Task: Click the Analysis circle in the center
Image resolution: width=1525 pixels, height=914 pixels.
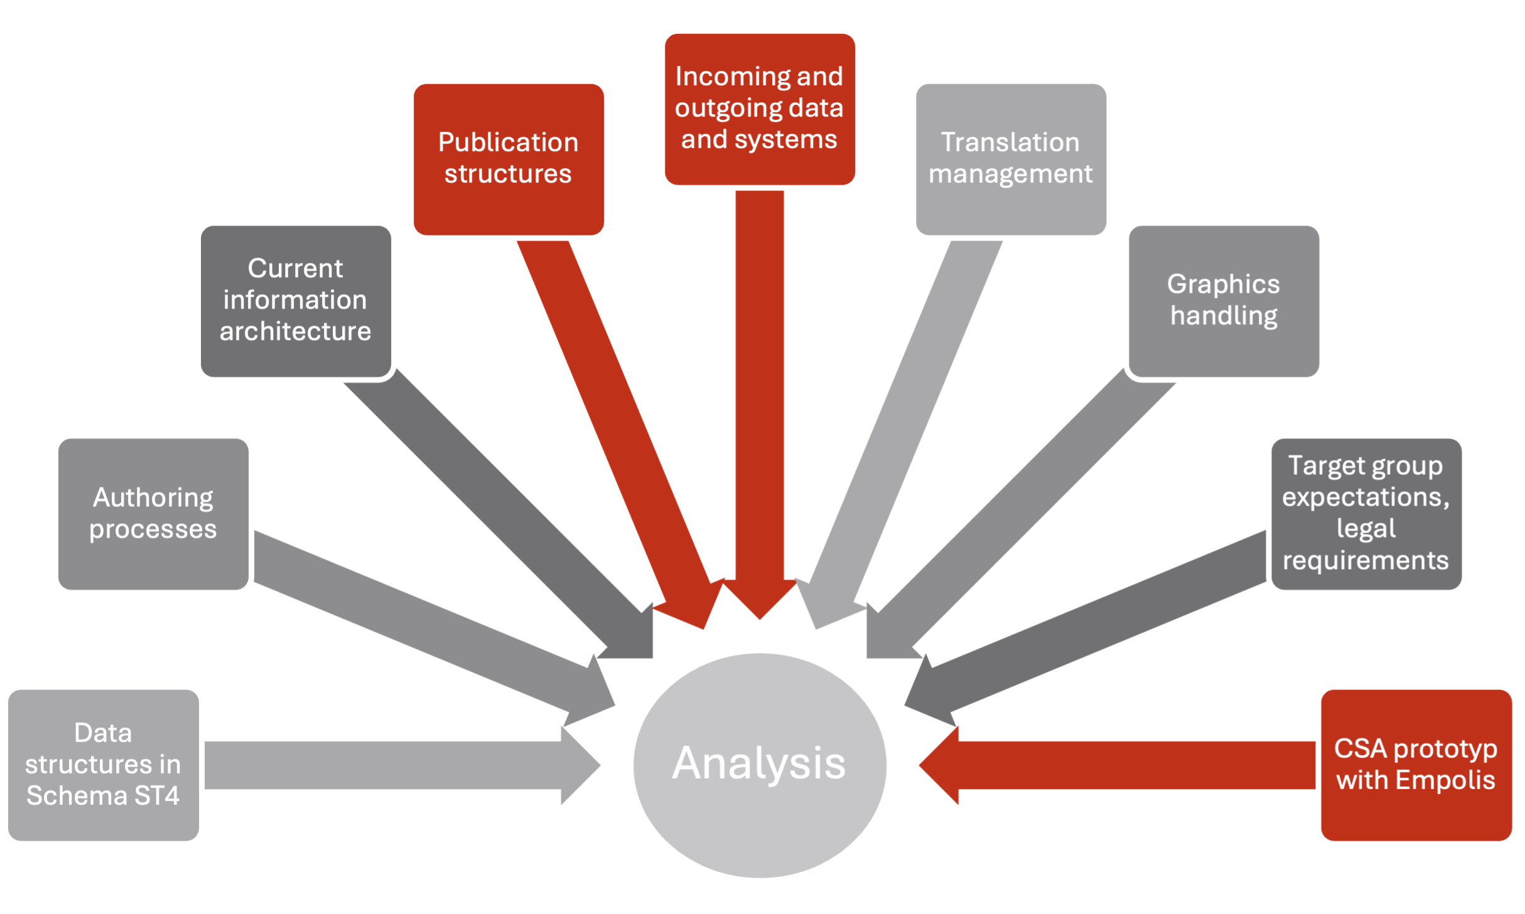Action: tap(760, 765)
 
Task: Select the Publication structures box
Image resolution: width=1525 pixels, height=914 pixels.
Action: tap(509, 159)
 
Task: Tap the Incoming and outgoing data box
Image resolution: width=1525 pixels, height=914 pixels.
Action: tap(760, 109)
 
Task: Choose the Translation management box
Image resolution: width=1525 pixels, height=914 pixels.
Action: tap(1011, 159)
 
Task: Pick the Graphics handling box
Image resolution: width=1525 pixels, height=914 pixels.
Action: tap(1224, 300)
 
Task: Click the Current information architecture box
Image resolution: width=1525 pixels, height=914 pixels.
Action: tap(296, 300)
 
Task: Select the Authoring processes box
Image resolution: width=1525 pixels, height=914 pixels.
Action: tap(153, 514)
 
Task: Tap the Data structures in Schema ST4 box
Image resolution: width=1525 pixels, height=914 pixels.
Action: tap(104, 765)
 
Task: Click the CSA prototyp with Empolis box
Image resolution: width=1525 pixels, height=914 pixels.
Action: tap(1416, 765)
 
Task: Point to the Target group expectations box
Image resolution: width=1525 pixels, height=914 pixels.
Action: tap(1366, 514)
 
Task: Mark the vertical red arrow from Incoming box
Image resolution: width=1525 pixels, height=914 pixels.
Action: tap(760, 389)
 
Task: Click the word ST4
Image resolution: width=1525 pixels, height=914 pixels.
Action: tap(157, 796)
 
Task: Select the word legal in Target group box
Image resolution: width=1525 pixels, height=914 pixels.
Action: tap(1366, 529)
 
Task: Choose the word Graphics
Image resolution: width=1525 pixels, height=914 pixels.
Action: tap(1224, 284)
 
